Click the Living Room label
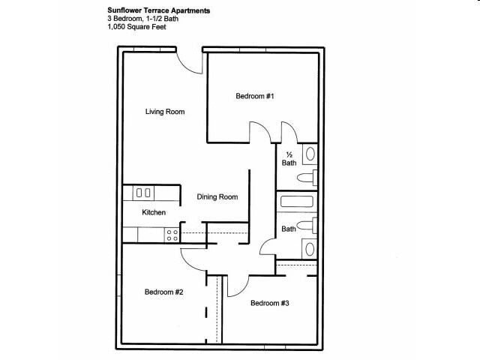(165, 112)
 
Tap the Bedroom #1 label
(255, 96)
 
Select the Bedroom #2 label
(163, 292)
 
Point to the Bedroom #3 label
(270, 303)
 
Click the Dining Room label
(217, 196)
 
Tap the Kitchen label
(154, 212)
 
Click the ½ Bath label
(289, 158)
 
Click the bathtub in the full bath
(297, 202)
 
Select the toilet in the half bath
(307, 178)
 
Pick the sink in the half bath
(310, 154)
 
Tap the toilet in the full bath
(307, 226)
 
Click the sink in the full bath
(310, 249)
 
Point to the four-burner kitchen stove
(172, 235)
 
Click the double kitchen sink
(143, 193)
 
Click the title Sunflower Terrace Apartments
(158, 10)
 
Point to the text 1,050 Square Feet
(136, 27)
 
